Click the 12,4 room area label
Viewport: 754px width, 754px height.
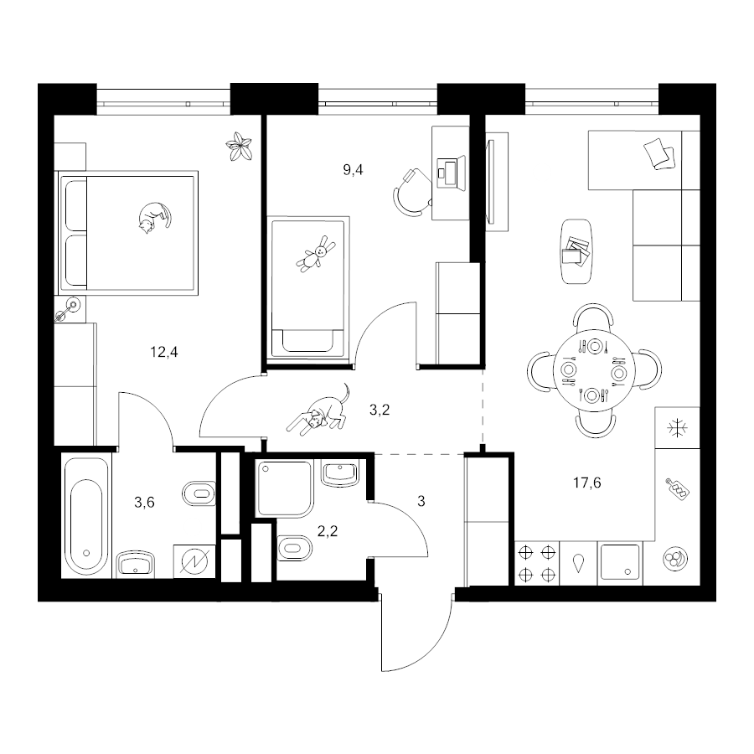pos(164,353)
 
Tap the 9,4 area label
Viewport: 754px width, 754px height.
pos(353,170)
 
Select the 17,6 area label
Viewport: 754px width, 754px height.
pos(587,483)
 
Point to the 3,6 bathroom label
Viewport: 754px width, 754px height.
pos(144,503)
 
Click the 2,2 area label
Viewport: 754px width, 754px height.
pos(328,531)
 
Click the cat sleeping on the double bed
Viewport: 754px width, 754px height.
pos(154,218)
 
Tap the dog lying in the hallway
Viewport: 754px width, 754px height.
pos(319,410)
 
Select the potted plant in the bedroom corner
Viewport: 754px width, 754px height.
pos(239,147)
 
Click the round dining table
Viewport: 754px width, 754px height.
pos(594,370)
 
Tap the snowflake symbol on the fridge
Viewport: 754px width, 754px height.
pos(677,427)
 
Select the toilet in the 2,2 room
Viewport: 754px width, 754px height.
pos(294,548)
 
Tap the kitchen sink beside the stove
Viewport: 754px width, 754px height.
pos(620,563)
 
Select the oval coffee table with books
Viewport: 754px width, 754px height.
pos(576,251)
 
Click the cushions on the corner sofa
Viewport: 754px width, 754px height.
pos(659,153)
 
